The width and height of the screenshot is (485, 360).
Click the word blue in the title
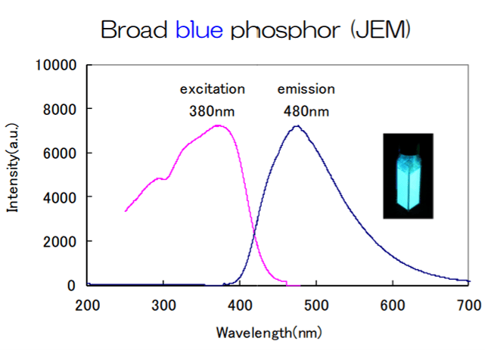[x=199, y=30]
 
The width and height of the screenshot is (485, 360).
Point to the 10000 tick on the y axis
[x=57, y=65]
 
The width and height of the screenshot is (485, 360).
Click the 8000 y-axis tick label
[x=61, y=109]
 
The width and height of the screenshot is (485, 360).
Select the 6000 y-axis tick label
[x=61, y=153]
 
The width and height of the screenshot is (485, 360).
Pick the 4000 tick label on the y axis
[x=61, y=197]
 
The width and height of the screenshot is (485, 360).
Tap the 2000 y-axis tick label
[x=61, y=241]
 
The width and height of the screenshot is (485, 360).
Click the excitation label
[x=212, y=89]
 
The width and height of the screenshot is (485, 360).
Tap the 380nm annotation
[x=212, y=111]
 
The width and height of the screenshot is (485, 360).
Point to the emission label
[x=306, y=89]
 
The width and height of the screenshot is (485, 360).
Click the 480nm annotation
[x=306, y=111]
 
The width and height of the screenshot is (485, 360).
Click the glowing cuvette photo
[x=407, y=176]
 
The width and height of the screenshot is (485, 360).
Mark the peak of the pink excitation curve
[x=218, y=126]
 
